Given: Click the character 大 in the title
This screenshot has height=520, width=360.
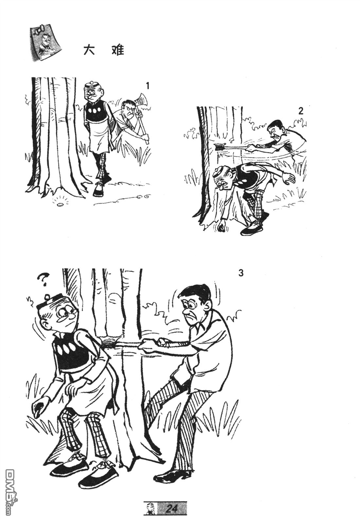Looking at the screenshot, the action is pyautogui.click(x=89, y=50).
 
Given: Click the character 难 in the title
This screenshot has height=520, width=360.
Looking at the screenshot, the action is pyautogui.click(x=118, y=50).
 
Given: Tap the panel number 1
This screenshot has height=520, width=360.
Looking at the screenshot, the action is pyautogui.click(x=147, y=86).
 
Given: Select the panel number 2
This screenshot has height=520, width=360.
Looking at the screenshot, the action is pyautogui.click(x=300, y=111).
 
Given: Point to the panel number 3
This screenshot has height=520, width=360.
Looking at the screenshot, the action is pyautogui.click(x=241, y=273).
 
